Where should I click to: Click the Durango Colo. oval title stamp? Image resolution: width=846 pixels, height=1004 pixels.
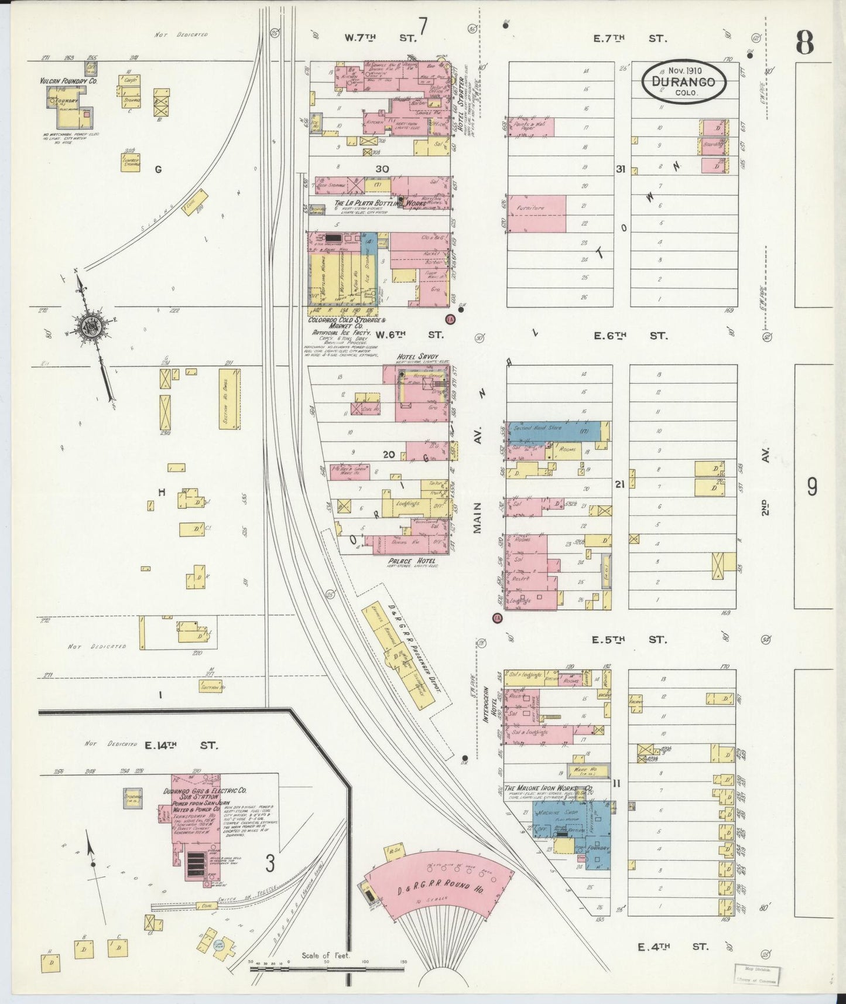pyautogui.click(x=684, y=82)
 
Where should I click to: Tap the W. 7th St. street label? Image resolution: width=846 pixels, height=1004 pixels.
pyautogui.click(x=380, y=38)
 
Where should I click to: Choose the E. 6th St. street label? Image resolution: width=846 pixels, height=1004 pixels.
pyautogui.click(x=629, y=336)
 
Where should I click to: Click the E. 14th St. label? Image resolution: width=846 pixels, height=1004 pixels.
pyautogui.click(x=181, y=746)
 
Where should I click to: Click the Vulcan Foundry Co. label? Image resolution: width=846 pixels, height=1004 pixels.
pyautogui.click(x=68, y=81)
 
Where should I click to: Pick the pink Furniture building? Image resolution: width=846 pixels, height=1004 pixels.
pyautogui.click(x=537, y=214)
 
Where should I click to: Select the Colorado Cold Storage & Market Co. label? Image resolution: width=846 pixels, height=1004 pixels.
pyautogui.click(x=347, y=323)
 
